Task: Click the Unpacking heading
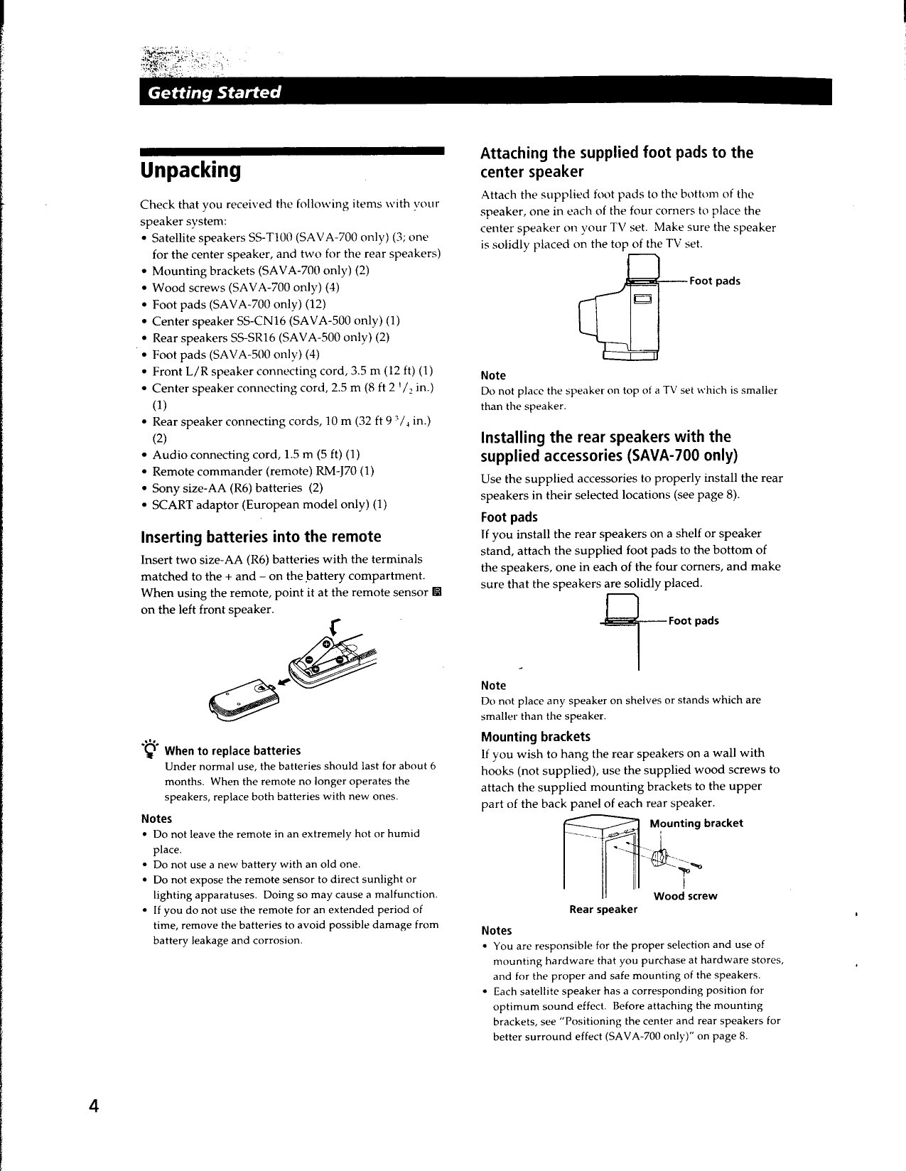190,171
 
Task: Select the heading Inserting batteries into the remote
261,536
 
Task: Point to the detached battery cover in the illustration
241,701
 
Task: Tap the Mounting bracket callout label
696,823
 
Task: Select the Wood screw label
685,896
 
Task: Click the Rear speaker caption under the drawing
603,910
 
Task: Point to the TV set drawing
620,316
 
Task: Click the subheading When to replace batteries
232,751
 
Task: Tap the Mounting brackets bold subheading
535,736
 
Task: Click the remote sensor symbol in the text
437,593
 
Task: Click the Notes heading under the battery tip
156,819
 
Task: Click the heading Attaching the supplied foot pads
616,162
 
